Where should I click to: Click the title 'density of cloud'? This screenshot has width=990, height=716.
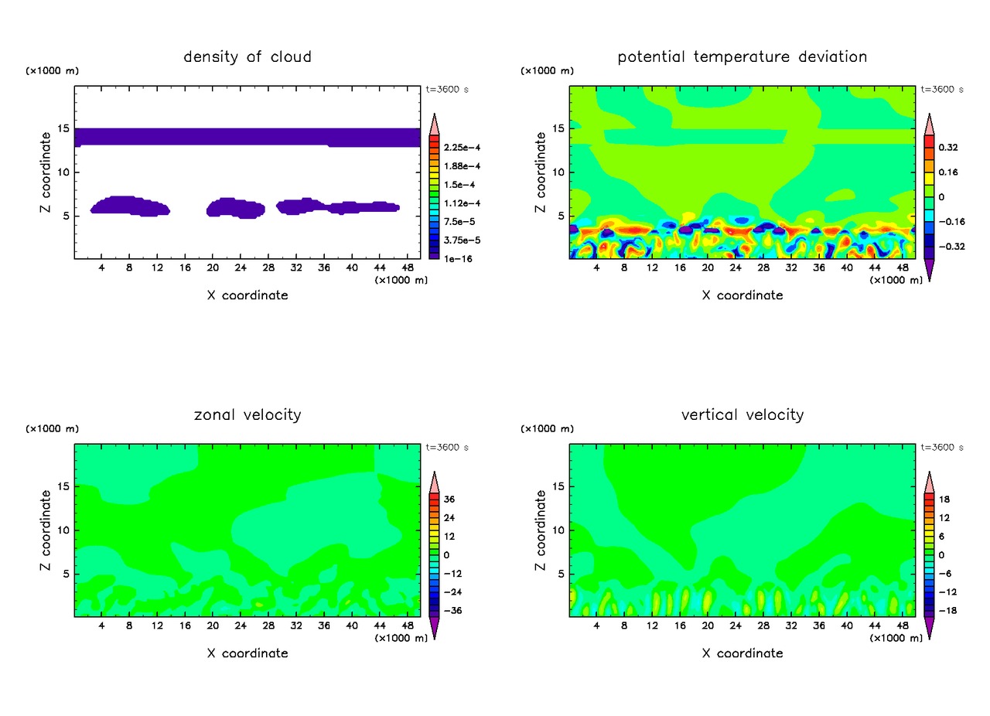(x=247, y=56)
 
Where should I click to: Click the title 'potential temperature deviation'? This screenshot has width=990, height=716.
(x=742, y=56)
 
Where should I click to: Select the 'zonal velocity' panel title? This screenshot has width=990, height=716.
(x=247, y=415)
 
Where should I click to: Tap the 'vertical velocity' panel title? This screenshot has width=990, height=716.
(x=742, y=415)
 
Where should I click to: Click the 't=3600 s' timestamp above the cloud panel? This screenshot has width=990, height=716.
(x=447, y=90)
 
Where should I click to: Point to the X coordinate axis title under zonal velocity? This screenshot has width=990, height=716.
(x=247, y=653)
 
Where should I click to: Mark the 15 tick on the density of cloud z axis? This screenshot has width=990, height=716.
(x=67, y=128)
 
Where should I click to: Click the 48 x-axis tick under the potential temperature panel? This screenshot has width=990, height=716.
(x=902, y=267)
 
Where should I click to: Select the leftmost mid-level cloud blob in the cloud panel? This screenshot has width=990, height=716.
(x=129, y=206)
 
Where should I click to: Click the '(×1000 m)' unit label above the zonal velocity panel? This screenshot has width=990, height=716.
(x=53, y=428)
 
